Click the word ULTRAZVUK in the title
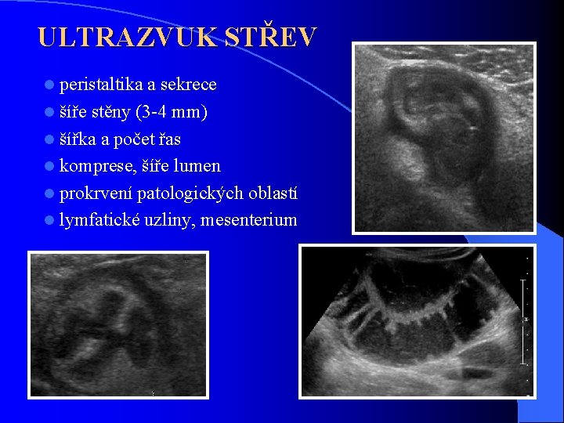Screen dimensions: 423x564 point(127,37)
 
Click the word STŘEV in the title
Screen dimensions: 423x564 point(271,37)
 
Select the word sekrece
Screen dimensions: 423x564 point(189,84)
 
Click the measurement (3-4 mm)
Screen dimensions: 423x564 point(172,112)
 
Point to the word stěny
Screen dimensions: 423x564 point(110,112)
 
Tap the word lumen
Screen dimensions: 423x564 point(200,166)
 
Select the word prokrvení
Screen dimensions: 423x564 point(96,193)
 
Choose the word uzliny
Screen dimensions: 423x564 point(169,220)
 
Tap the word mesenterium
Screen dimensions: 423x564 point(249,220)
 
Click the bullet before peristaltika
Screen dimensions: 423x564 point(50,85)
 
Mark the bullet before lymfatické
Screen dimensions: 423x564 point(50,220)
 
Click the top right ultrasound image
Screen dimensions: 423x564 point(443,137)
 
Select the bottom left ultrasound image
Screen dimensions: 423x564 point(119,324)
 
